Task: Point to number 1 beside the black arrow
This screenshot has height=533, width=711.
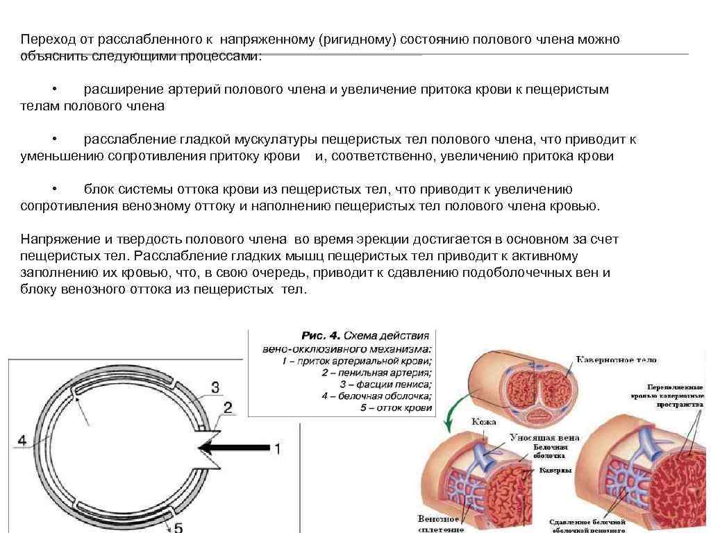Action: [278, 449]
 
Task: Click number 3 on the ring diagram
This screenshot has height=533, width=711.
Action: [215, 387]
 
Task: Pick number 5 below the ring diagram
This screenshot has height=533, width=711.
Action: [178, 527]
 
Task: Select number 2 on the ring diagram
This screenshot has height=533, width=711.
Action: [228, 407]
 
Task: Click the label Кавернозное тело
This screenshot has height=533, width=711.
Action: [616, 359]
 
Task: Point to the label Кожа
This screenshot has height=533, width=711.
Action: [483, 421]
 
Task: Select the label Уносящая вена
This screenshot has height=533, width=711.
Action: [544, 438]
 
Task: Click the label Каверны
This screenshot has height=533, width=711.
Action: [555, 470]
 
